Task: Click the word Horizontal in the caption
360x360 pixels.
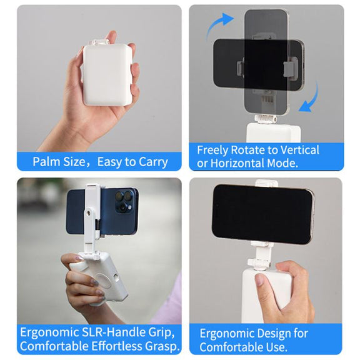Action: click(x=237, y=163)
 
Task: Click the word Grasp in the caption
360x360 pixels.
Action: click(x=162, y=346)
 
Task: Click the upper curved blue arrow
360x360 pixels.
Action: click(x=219, y=25)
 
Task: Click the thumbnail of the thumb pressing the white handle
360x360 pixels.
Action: click(x=261, y=279)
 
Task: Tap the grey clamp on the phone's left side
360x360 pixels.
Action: click(x=240, y=68)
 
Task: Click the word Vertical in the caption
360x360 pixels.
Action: click(x=299, y=150)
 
